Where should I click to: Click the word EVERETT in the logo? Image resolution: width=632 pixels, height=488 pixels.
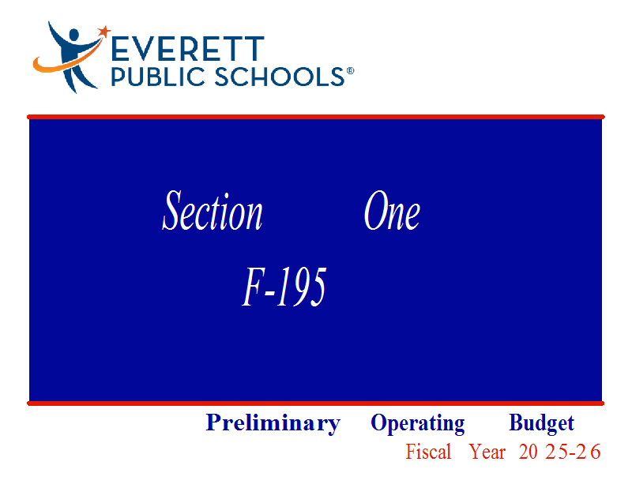[x=187, y=49]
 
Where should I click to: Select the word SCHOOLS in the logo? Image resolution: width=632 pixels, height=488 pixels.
[x=279, y=77]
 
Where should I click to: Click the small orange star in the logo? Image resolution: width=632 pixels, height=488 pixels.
[x=104, y=31]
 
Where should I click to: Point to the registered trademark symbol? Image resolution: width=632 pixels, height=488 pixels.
[x=350, y=71]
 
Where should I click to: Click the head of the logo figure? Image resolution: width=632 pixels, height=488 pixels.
[x=73, y=34]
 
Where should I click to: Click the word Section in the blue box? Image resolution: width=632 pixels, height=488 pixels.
[x=213, y=210]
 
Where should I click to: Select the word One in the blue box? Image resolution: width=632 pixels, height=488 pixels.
[x=392, y=210]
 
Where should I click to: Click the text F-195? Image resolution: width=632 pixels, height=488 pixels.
[x=284, y=287]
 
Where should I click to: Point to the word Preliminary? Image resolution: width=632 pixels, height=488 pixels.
[x=273, y=423]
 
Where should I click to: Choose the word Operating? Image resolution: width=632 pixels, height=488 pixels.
[x=418, y=423]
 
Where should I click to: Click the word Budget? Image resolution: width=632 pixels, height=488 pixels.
[x=541, y=423]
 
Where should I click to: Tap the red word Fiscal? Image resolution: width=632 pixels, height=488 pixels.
[x=428, y=452]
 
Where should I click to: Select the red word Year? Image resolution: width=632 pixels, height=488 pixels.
[x=487, y=452]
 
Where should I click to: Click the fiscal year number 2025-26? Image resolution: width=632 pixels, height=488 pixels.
[x=559, y=452]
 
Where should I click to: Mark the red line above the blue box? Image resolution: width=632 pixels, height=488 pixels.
[x=316, y=117]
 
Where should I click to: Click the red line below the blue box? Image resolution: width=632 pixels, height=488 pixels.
[x=315, y=404]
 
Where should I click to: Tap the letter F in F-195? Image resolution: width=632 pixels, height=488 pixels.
[x=253, y=287]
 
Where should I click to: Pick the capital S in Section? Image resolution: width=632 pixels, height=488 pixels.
[x=171, y=210]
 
